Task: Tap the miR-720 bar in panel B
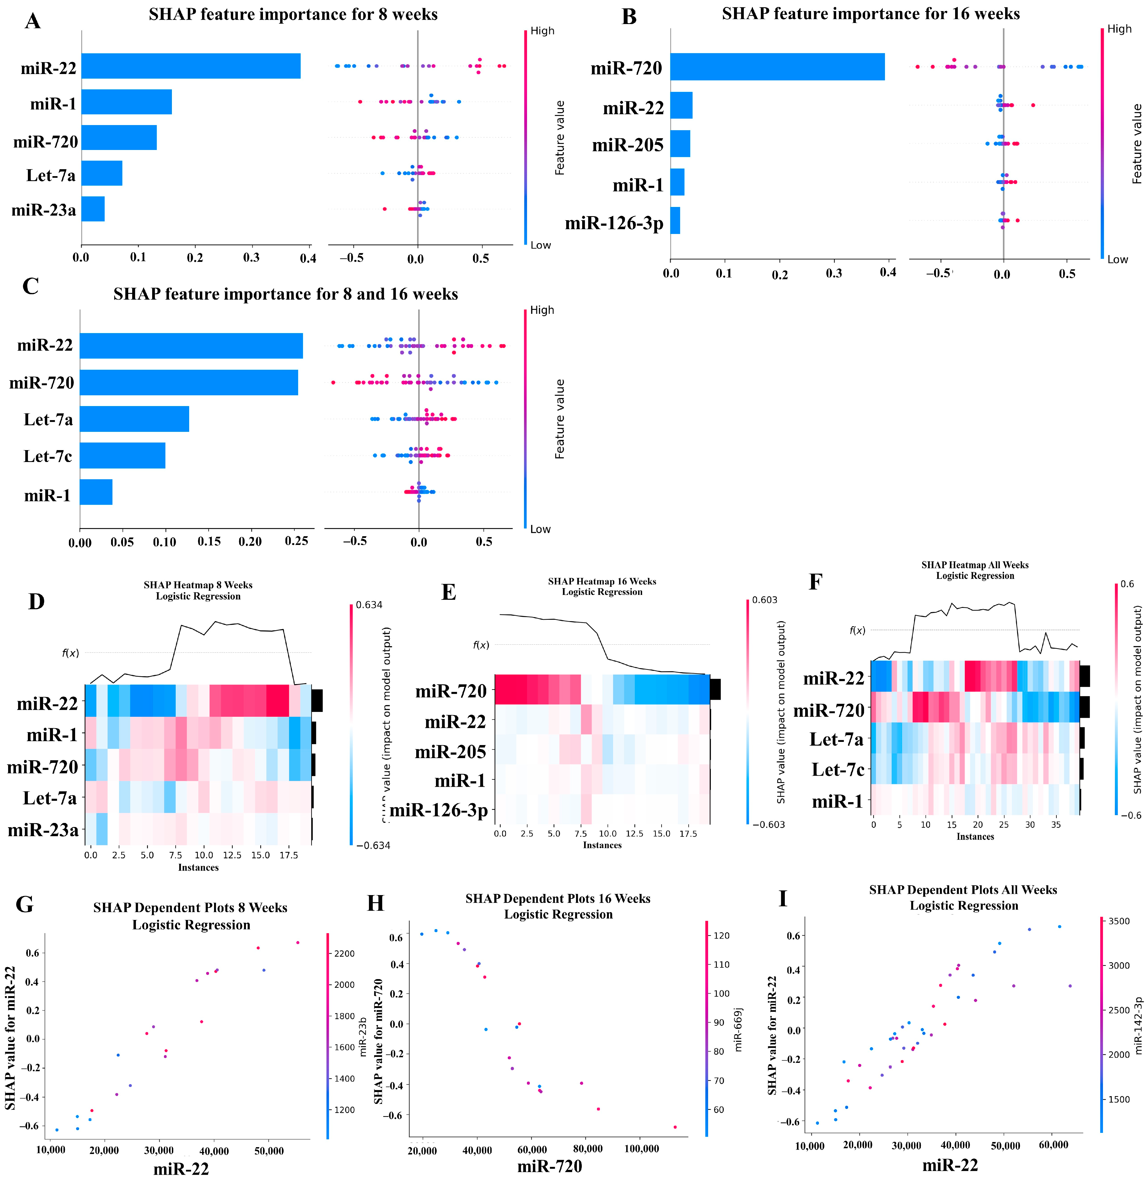(x=777, y=67)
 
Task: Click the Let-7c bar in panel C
(x=122, y=455)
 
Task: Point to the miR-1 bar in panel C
(x=96, y=492)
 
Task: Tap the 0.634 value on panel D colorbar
(x=369, y=605)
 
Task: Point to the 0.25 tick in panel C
(x=296, y=541)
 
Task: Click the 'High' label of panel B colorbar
(x=1119, y=29)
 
